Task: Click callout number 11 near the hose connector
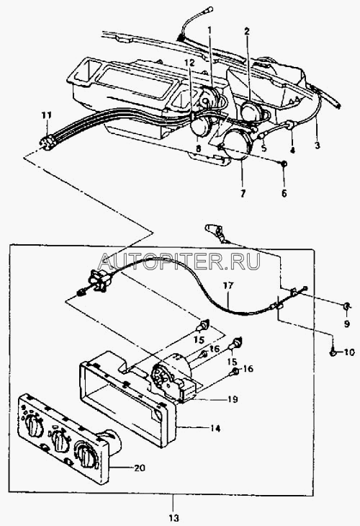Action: click(47, 116)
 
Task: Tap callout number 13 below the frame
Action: click(174, 519)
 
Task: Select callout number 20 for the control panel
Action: click(139, 468)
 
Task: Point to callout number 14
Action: click(215, 429)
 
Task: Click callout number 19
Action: click(232, 399)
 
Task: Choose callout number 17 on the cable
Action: click(229, 286)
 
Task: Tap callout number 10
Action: click(348, 352)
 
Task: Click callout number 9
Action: click(346, 324)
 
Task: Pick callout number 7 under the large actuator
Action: click(243, 193)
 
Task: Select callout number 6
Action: click(284, 193)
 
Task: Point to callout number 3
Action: click(317, 146)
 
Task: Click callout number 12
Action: click(189, 62)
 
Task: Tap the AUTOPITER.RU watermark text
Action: click(180, 262)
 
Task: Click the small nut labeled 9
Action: click(346, 306)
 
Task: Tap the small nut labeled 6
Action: click(283, 164)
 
